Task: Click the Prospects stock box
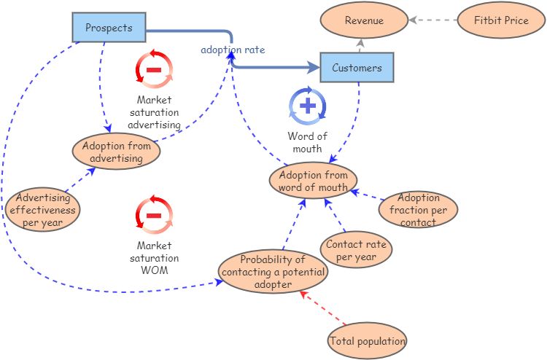point(109,28)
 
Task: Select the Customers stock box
point(357,68)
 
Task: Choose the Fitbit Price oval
point(500,20)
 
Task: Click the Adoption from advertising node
point(117,152)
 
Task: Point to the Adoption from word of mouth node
point(313,181)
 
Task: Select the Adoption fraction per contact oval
point(419,209)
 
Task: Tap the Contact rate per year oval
point(356,250)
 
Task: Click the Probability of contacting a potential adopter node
point(273,271)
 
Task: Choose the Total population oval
point(367,340)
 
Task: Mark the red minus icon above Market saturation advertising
point(155,70)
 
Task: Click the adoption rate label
point(233,50)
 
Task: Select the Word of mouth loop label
point(307,142)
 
